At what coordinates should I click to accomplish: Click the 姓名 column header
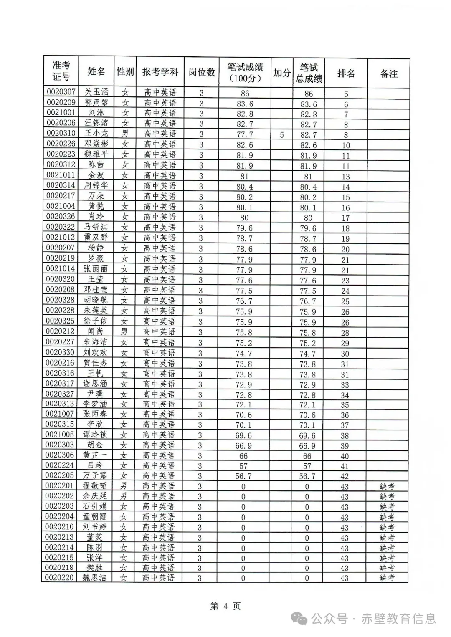click(x=96, y=72)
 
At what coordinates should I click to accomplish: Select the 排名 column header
click(x=346, y=73)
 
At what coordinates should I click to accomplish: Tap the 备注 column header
click(x=388, y=74)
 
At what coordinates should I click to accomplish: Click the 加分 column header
click(x=282, y=73)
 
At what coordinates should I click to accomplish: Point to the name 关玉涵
click(x=96, y=92)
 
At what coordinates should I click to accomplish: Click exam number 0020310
click(x=61, y=134)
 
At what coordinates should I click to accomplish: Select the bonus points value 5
click(x=282, y=135)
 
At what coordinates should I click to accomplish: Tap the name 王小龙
click(x=96, y=134)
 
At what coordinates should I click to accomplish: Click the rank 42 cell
click(x=345, y=476)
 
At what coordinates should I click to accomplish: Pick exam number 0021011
click(x=61, y=175)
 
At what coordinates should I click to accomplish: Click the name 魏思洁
click(x=94, y=578)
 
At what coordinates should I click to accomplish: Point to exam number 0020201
click(x=60, y=486)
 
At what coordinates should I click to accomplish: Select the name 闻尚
click(x=96, y=331)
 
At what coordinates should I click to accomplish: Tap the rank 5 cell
click(x=346, y=94)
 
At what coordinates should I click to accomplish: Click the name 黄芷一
click(x=95, y=455)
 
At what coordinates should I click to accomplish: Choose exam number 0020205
click(x=60, y=475)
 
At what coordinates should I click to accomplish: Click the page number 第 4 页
click(x=225, y=606)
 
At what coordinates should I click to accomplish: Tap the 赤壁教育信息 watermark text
click(x=398, y=619)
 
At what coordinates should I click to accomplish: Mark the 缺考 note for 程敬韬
click(x=387, y=486)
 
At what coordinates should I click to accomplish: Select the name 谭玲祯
click(x=95, y=435)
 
